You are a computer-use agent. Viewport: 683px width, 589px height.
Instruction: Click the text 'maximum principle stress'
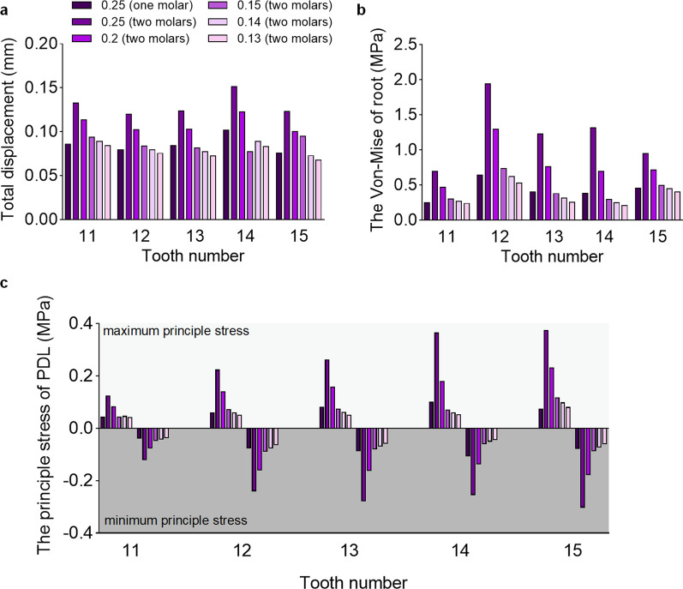coord(176,331)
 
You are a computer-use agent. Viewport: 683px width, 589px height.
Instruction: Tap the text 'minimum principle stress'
coord(175,520)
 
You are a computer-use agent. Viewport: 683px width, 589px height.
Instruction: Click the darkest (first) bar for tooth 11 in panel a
coord(69,181)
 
